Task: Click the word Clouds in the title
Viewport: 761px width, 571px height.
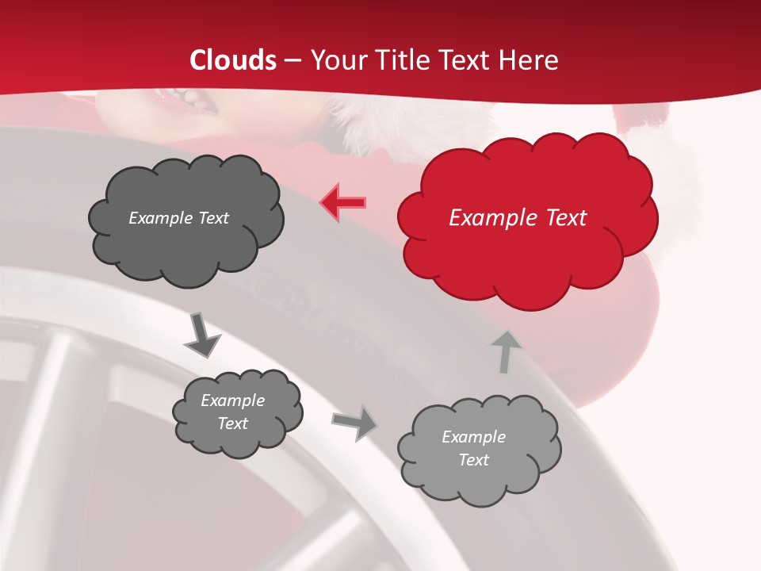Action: point(233,60)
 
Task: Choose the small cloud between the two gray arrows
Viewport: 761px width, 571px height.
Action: point(237,412)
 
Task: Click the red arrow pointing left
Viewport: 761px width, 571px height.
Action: point(343,203)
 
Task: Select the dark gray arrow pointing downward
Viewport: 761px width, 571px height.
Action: point(202,335)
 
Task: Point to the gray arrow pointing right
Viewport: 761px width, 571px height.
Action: point(355,422)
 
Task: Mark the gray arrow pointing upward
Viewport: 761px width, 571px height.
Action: point(506,351)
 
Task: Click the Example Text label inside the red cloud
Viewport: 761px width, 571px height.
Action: point(518,218)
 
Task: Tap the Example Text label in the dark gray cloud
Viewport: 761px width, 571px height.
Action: point(178,218)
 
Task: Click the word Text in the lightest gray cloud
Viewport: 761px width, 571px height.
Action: point(473,460)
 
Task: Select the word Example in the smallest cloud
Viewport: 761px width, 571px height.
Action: point(232,400)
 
